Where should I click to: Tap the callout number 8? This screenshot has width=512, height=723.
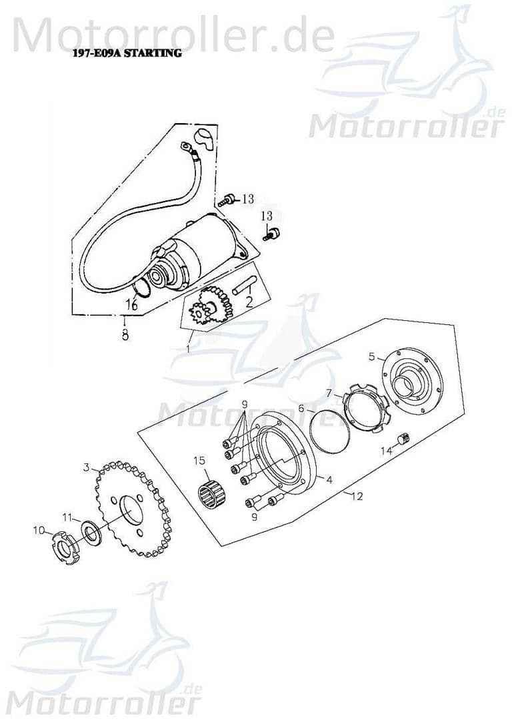click(x=125, y=335)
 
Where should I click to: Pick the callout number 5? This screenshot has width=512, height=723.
click(x=372, y=356)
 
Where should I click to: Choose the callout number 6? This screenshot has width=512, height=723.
click(x=301, y=407)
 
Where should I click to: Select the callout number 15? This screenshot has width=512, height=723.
click(x=199, y=461)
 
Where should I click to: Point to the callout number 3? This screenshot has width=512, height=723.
click(x=86, y=467)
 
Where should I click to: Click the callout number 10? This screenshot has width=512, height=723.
click(x=39, y=530)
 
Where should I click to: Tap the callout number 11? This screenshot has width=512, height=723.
click(x=67, y=517)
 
